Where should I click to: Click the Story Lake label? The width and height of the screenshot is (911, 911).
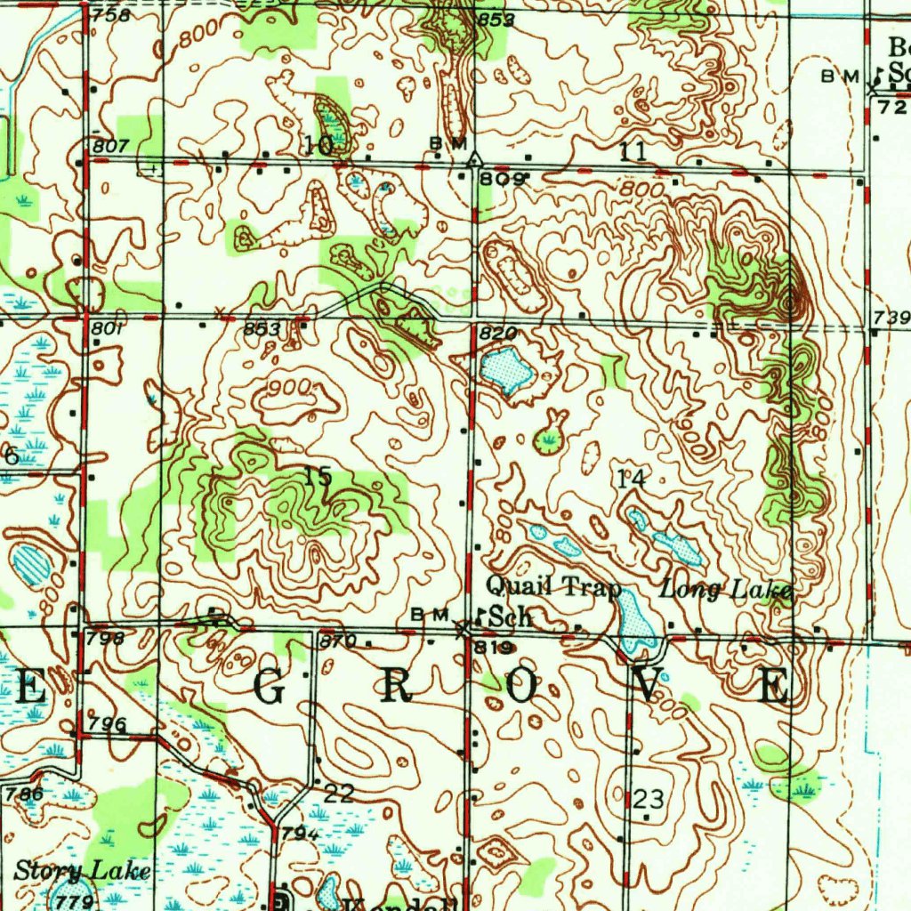click(x=82, y=870)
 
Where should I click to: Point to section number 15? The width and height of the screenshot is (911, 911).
click(x=318, y=477)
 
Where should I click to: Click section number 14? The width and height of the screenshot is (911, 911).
click(x=630, y=479)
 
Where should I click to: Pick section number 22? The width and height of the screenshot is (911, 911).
click(x=339, y=794)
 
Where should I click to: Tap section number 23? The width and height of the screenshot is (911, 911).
click(x=649, y=797)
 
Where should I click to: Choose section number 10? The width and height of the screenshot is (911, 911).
click(x=318, y=145)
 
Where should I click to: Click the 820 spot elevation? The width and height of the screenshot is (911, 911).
click(x=496, y=333)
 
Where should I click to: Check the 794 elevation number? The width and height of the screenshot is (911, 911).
click(x=301, y=834)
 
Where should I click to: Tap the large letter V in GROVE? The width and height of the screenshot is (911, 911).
click(x=649, y=686)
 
